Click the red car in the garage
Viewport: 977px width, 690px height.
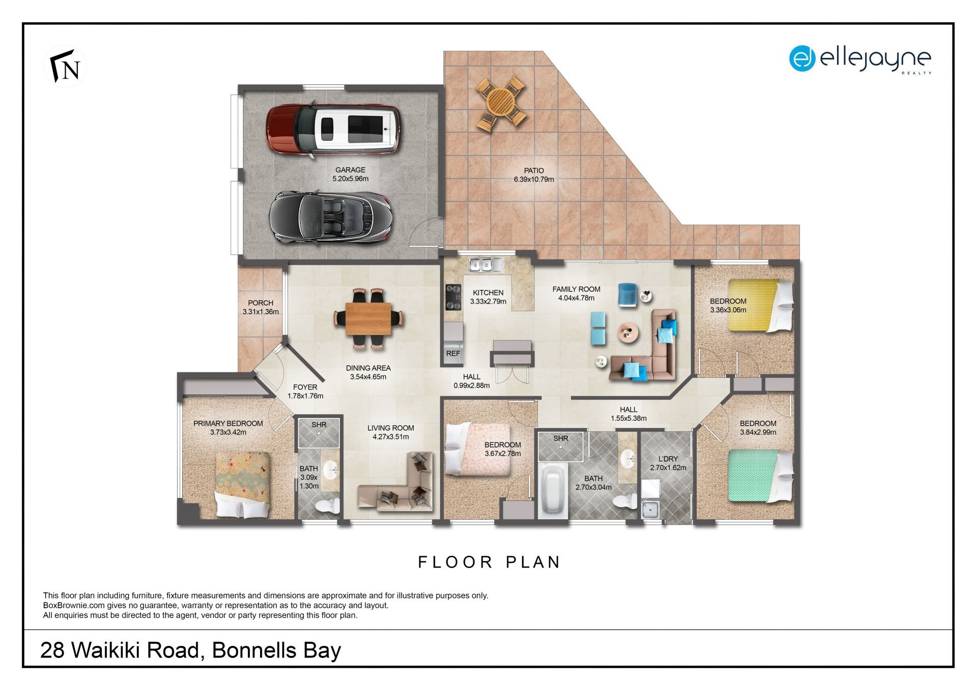coord(333,129)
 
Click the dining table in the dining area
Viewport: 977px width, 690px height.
coord(368,319)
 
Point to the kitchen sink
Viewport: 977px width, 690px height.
coord(486,264)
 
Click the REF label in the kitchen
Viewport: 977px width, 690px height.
coord(453,353)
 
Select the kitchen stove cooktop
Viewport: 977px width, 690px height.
coord(453,297)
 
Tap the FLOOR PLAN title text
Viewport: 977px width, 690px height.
coord(489,562)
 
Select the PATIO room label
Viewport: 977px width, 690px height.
coord(534,170)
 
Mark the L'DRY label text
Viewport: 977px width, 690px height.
coord(668,459)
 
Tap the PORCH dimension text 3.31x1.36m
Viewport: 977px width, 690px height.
coord(261,312)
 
